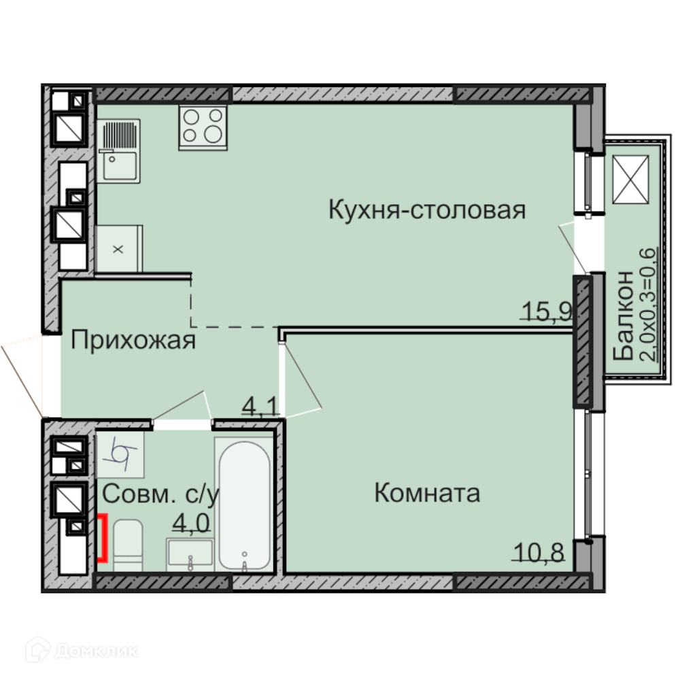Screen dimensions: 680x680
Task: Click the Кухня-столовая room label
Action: click(427, 210)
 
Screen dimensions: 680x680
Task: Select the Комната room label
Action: click(427, 493)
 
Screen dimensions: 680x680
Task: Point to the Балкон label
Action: click(624, 316)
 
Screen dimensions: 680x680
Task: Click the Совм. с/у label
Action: click(161, 494)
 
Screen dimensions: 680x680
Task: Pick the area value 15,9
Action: click(547, 311)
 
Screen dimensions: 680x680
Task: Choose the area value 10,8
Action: click(539, 552)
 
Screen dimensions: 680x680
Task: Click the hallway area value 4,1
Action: click(260, 407)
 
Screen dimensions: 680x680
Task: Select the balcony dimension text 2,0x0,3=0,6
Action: click(649, 305)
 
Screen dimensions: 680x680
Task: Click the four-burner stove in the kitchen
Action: click(203, 127)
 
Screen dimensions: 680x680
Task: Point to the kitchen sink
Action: click(118, 150)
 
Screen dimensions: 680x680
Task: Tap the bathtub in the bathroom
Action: click(245, 505)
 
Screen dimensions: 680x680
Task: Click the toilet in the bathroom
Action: click(128, 545)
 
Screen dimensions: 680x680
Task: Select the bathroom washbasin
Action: click(190, 555)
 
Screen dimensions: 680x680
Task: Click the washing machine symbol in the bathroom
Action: click(120, 454)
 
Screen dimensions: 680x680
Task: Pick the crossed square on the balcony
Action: click(630, 180)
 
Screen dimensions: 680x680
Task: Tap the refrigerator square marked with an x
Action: click(118, 249)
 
